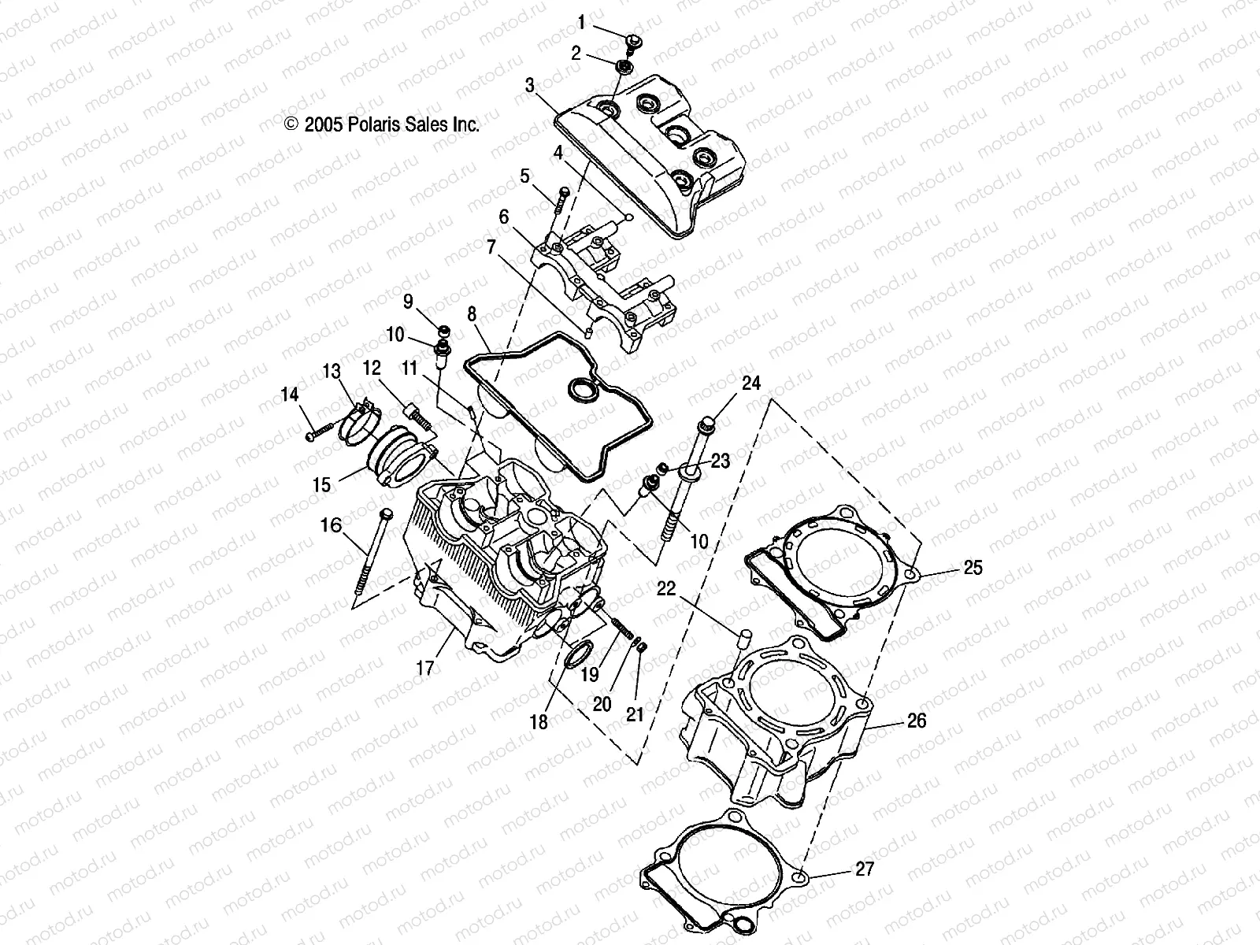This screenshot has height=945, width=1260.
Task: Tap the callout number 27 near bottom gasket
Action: (864, 869)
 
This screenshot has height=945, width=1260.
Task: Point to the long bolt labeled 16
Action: (372, 551)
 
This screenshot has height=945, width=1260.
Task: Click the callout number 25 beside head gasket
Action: (973, 568)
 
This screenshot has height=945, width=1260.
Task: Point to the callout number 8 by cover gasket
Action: (472, 314)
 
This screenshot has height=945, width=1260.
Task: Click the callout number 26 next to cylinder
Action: (917, 721)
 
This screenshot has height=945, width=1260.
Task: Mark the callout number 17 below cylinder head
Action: (425, 669)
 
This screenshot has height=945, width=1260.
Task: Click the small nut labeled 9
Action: (444, 329)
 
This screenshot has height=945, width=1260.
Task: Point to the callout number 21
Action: (635, 714)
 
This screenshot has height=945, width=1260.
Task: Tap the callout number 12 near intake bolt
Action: (372, 368)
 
